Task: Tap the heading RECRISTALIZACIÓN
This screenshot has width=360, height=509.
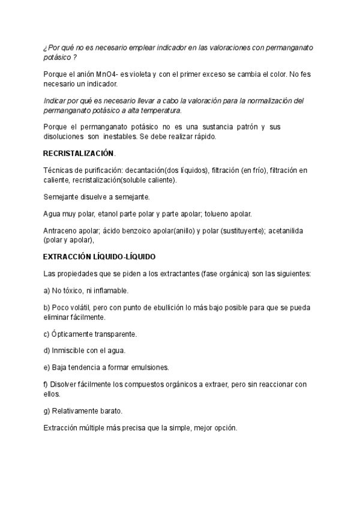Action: (x=78, y=154)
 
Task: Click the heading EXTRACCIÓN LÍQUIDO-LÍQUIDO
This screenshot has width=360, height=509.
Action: (x=99, y=256)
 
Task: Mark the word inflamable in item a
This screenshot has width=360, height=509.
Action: (x=112, y=291)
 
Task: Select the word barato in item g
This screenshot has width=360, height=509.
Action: (x=110, y=411)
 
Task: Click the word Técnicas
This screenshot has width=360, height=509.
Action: (x=58, y=171)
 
